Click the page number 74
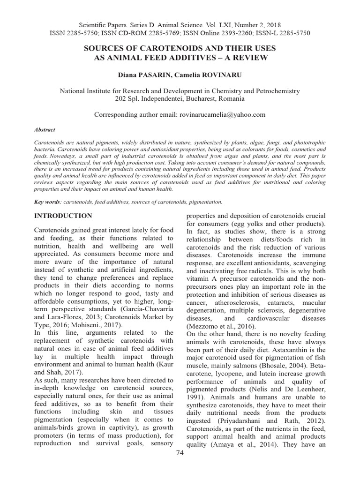180,466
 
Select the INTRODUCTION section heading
63,216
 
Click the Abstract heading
45,130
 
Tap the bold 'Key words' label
47,202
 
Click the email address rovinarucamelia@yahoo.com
223,114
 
